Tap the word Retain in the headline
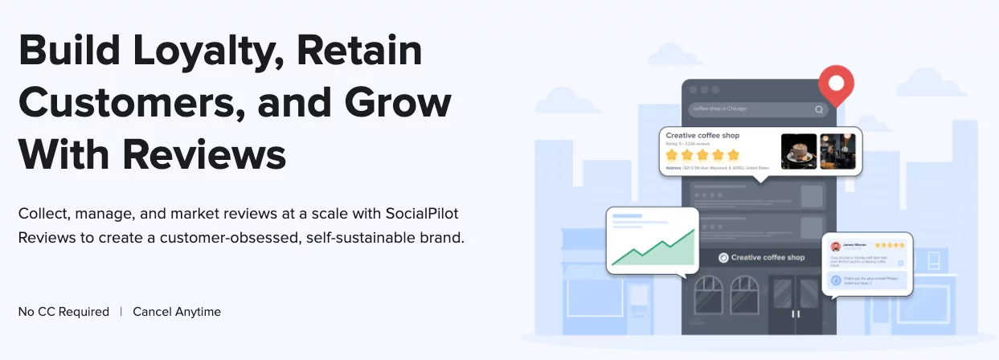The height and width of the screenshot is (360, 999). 359,51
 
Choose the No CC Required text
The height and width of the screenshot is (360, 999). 63,312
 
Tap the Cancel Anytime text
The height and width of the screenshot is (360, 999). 177,312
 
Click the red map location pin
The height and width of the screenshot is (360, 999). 836,85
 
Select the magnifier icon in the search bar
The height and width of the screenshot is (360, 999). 819,110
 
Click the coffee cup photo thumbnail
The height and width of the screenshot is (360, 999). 798,151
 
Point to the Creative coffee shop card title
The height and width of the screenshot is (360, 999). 702,136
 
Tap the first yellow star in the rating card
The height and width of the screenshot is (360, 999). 672,154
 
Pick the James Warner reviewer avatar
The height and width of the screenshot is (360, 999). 836,247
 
